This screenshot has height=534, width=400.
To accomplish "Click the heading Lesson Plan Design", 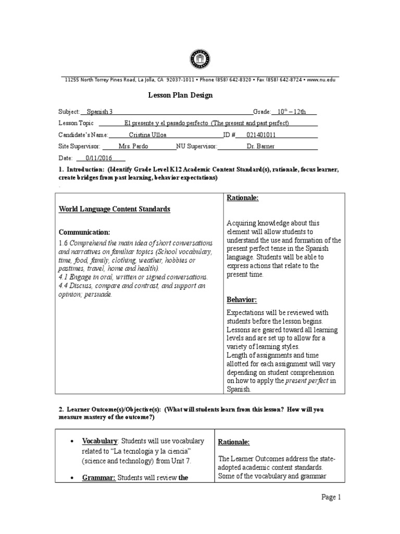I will click(181, 95).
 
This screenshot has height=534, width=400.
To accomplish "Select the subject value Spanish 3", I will click(99, 112).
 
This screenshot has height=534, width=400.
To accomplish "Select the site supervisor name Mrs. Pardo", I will click(133, 147).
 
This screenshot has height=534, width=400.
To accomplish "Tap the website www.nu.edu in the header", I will click(321, 80).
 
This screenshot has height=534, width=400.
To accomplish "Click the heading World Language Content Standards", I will click(114, 209).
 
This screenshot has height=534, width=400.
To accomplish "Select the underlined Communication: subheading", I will click(84, 232).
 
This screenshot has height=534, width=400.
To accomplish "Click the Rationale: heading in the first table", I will click(242, 198).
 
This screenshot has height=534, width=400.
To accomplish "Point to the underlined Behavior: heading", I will click(242, 300).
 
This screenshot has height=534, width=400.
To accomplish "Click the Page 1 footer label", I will click(330, 497).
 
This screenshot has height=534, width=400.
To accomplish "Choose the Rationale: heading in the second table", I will click(234, 442).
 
